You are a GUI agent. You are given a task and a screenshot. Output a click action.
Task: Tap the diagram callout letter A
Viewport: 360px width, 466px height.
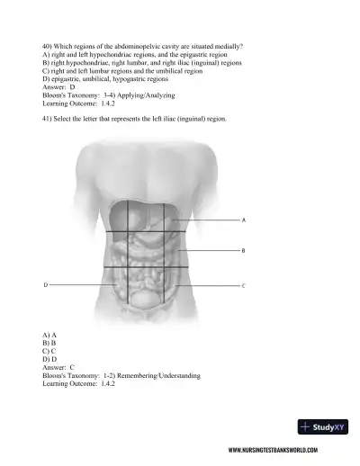[x=245, y=220]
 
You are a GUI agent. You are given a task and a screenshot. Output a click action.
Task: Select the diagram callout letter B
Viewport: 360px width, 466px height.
[x=245, y=251]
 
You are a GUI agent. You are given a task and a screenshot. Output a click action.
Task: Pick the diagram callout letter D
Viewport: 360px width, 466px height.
[x=46, y=285]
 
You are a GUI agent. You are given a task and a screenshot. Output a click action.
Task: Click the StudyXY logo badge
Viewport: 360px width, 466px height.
[x=322, y=426]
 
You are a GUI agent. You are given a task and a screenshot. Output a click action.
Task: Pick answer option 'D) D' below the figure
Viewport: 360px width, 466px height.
[x=49, y=359]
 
